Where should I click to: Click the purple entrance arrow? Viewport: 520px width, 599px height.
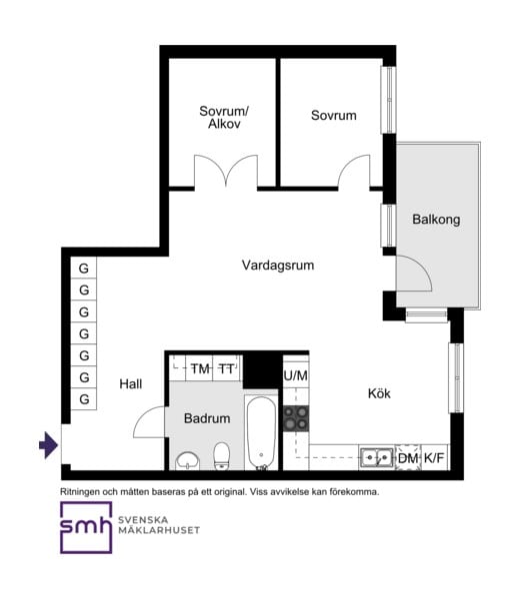point(49,445)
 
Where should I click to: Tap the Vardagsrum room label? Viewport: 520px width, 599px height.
point(278,266)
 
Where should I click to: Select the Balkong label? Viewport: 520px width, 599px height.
point(436,220)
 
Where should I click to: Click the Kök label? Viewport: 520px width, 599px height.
point(379,393)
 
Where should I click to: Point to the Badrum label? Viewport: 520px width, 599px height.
point(207,418)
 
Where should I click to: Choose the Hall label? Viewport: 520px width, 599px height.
point(130,384)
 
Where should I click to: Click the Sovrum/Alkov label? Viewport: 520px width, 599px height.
point(224,117)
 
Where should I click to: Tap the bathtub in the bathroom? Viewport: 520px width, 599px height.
point(261,433)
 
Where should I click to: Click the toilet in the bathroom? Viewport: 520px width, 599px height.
point(222,456)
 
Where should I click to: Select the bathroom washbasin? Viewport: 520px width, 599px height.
point(187,460)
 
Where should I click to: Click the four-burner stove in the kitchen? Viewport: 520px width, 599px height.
point(296,418)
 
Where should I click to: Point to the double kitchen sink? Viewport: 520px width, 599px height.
point(377,457)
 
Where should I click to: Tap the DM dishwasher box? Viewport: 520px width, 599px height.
point(408,457)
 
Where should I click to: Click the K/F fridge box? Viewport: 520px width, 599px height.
point(434,457)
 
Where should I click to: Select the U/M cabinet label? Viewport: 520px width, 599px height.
point(296,376)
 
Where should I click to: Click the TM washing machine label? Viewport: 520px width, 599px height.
point(200,369)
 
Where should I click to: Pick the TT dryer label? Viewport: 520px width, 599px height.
point(226,369)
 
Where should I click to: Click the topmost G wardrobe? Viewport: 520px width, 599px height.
point(83,269)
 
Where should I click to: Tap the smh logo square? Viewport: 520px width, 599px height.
point(86,527)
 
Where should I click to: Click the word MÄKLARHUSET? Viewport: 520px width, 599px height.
point(159,530)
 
